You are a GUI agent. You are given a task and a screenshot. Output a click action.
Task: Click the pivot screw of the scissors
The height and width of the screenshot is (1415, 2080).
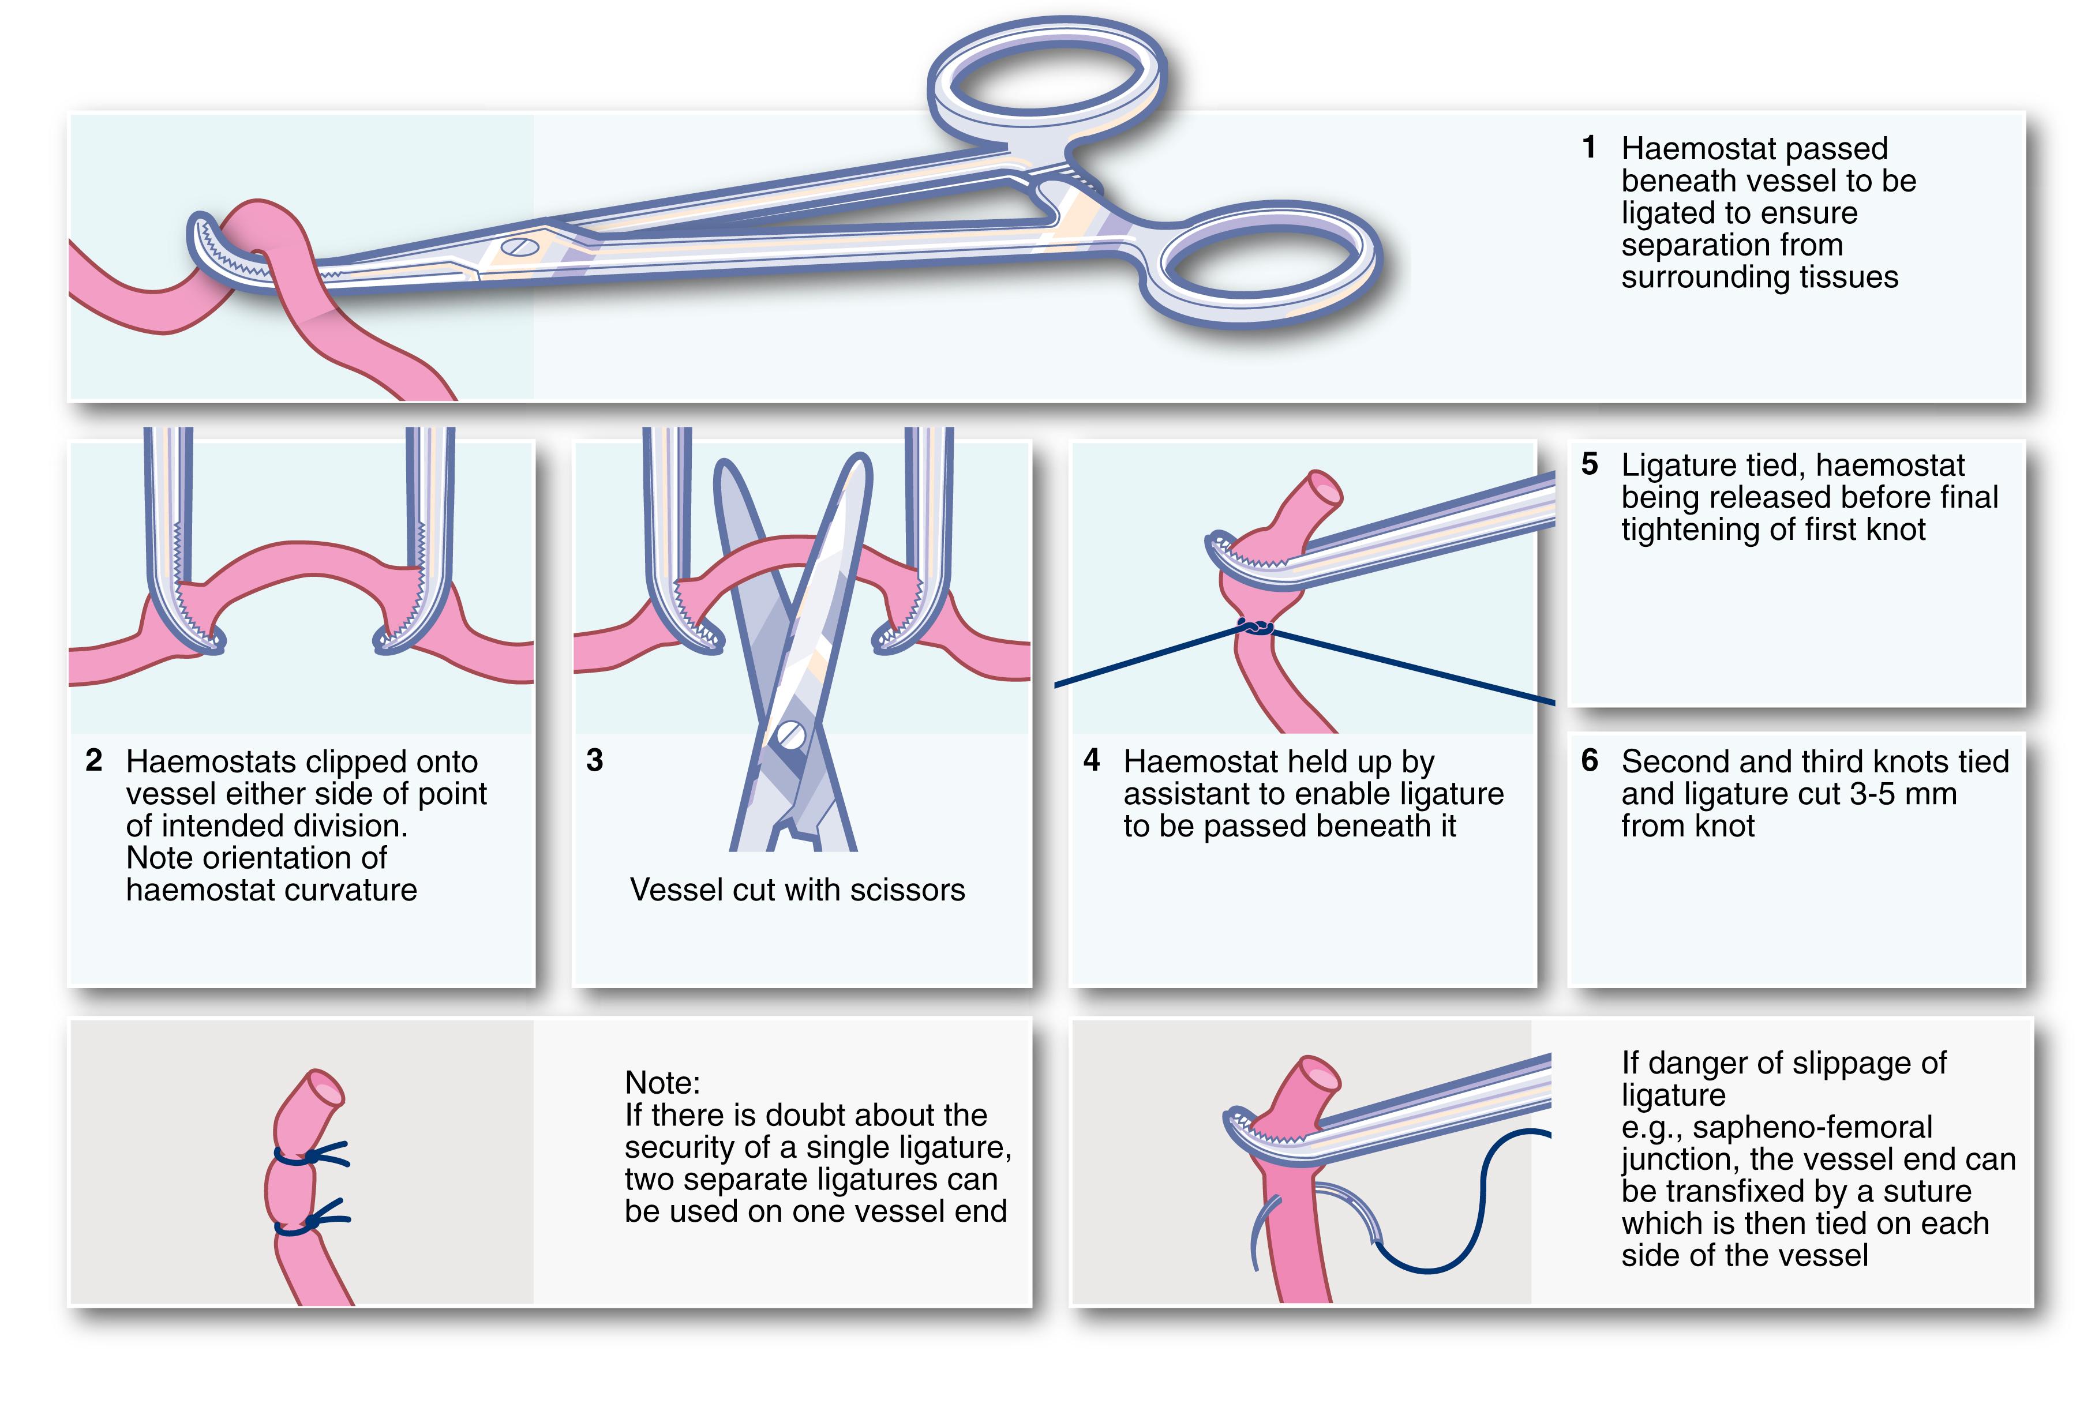(790, 735)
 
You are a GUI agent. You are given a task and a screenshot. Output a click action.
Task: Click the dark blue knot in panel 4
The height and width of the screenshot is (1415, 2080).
(1256, 628)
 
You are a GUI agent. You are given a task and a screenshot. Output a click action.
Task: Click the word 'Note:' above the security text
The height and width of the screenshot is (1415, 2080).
(662, 1083)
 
